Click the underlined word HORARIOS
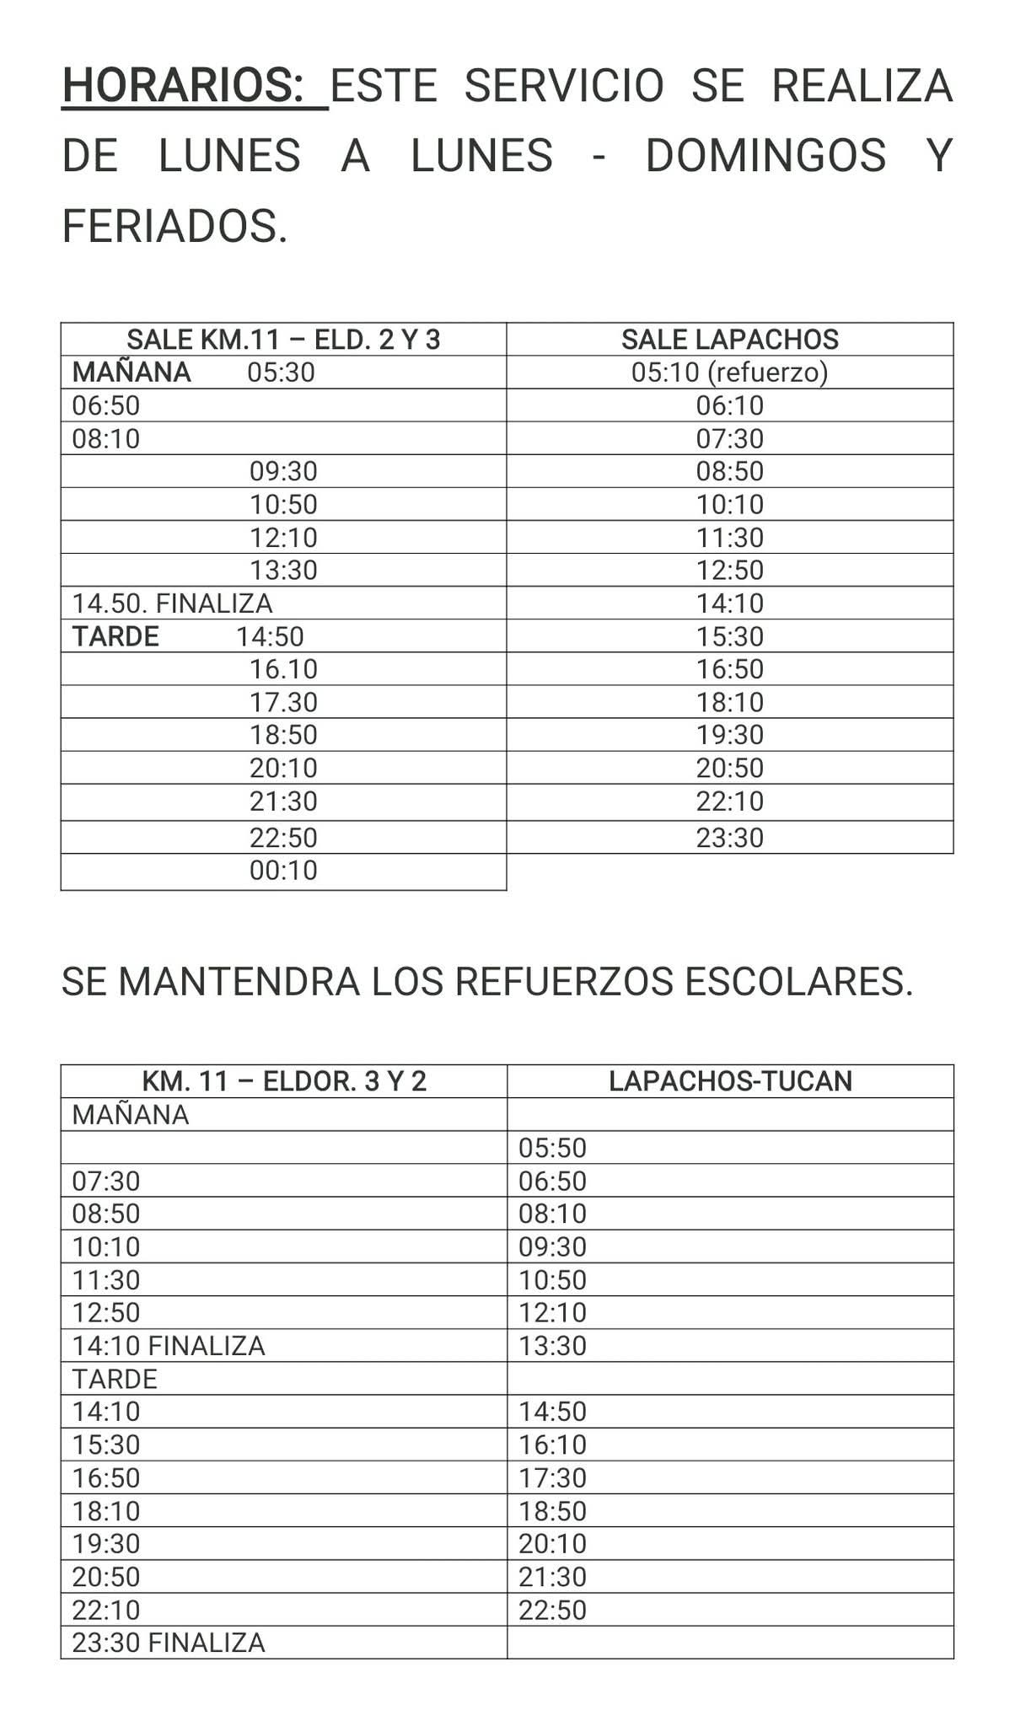tap(182, 85)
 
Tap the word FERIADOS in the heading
tap(175, 227)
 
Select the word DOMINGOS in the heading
tap(765, 156)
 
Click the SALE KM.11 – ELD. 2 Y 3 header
tap(283, 340)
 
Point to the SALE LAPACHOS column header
tap(730, 340)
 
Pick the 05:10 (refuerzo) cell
tap(730, 373)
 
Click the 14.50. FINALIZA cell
tap(172, 603)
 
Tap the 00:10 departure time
tap(283, 871)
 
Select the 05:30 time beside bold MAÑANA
tap(281, 373)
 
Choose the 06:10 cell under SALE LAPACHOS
tap(730, 405)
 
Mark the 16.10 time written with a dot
tap(283, 669)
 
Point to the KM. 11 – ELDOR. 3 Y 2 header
tap(284, 1081)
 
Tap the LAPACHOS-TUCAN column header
tap(730, 1081)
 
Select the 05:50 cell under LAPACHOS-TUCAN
tap(552, 1148)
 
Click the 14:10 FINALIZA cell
tap(169, 1346)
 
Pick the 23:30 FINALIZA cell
tap(169, 1643)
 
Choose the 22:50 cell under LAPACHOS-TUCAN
tap(552, 1610)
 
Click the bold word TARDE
tap(115, 636)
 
